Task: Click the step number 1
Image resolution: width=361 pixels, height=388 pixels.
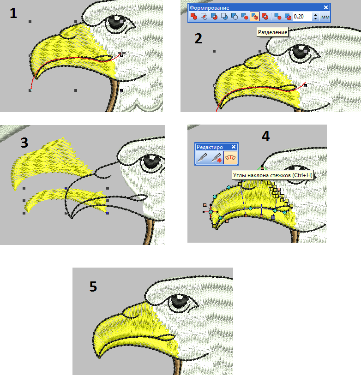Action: (13, 13)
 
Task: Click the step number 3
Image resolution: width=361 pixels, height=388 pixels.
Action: (24, 143)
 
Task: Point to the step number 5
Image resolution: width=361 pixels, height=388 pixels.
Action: (93, 287)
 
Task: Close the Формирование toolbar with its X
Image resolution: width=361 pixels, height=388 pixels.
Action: (326, 8)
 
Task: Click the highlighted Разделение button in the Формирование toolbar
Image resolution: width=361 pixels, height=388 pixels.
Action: (254, 17)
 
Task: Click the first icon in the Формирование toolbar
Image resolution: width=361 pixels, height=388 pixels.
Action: (194, 17)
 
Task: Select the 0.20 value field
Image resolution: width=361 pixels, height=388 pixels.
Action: (302, 17)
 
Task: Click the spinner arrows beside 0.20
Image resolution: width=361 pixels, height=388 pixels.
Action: (315, 17)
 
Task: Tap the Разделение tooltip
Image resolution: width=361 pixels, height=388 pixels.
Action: (272, 32)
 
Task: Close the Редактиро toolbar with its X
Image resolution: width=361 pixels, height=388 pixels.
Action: (234, 147)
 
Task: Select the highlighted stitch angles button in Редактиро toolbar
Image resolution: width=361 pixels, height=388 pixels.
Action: (230, 158)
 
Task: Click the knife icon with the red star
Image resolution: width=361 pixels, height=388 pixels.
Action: (216, 158)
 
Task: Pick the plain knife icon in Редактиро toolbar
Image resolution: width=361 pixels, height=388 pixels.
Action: (203, 158)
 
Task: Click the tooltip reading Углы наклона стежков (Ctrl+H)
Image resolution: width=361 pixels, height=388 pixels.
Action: (273, 175)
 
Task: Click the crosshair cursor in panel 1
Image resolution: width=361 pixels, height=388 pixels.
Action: (121, 53)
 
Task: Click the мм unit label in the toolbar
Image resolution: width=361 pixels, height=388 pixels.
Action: (325, 17)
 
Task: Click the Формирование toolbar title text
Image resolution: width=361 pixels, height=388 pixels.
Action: (209, 8)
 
